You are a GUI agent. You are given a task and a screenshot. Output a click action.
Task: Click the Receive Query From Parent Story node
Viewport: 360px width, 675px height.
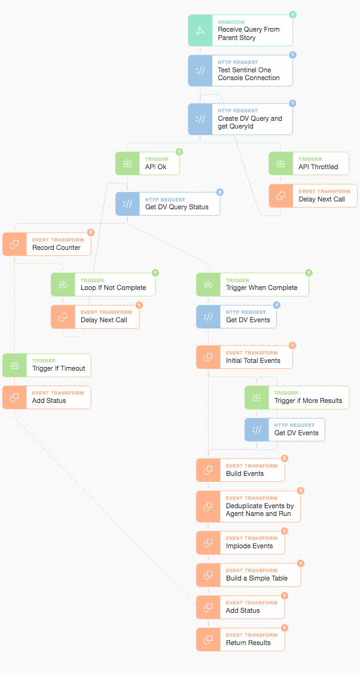(x=240, y=30)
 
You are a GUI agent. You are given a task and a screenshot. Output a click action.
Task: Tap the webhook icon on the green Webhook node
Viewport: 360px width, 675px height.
(x=200, y=30)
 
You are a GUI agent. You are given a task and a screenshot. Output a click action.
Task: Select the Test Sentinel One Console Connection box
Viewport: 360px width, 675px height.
(x=240, y=71)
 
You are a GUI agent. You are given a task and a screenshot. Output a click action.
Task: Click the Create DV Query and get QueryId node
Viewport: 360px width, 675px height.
(x=240, y=119)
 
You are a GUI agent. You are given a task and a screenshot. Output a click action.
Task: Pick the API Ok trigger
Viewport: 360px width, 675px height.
(x=147, y=163)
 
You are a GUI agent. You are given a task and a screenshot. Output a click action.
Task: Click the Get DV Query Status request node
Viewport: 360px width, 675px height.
(x=167, y=204)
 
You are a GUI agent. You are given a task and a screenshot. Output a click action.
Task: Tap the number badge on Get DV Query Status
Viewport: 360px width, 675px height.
(x=219, y=192)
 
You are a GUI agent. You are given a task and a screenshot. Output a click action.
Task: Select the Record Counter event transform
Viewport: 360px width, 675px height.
(x=47, y=244)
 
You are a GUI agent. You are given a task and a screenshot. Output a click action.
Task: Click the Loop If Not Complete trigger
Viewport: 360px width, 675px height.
(x=103, y=284)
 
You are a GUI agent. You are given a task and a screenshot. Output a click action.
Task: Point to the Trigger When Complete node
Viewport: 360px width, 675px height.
(x=252, y=284)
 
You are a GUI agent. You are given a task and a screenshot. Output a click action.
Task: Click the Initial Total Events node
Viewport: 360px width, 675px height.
(x=244, y=357)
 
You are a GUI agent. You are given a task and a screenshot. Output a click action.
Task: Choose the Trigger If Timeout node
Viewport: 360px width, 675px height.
(x=47, y=365)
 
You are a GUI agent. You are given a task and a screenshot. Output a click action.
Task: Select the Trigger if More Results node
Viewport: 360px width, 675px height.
(x=297, y=398)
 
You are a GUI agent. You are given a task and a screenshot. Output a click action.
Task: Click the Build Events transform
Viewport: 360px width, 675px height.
(x=240, y=470)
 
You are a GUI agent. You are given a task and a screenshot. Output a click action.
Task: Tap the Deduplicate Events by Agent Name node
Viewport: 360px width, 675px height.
(x=248, y=506)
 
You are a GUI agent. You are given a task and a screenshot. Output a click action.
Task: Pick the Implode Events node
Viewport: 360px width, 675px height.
(x=240, y=542)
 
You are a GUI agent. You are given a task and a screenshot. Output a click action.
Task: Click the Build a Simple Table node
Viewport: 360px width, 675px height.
(x=248, y=575)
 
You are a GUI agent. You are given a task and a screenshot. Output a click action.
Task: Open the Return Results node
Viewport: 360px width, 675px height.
(x=240, y=639)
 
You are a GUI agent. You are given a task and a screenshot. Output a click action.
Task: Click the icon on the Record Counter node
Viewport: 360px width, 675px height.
(x=14, y=244)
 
